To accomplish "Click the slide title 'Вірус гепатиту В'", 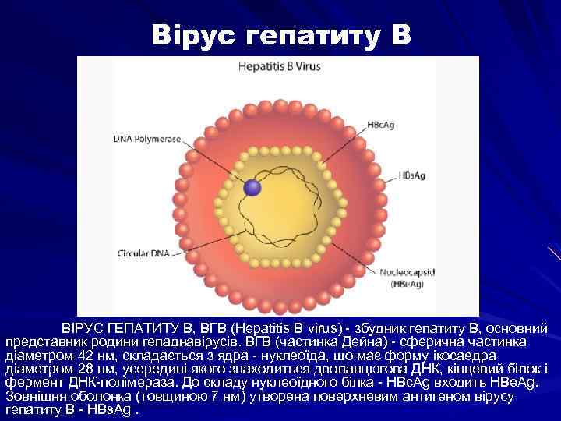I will pos(280,37).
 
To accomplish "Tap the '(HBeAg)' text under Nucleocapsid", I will pos(406,285).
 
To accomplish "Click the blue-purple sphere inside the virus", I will pos(252,187).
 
